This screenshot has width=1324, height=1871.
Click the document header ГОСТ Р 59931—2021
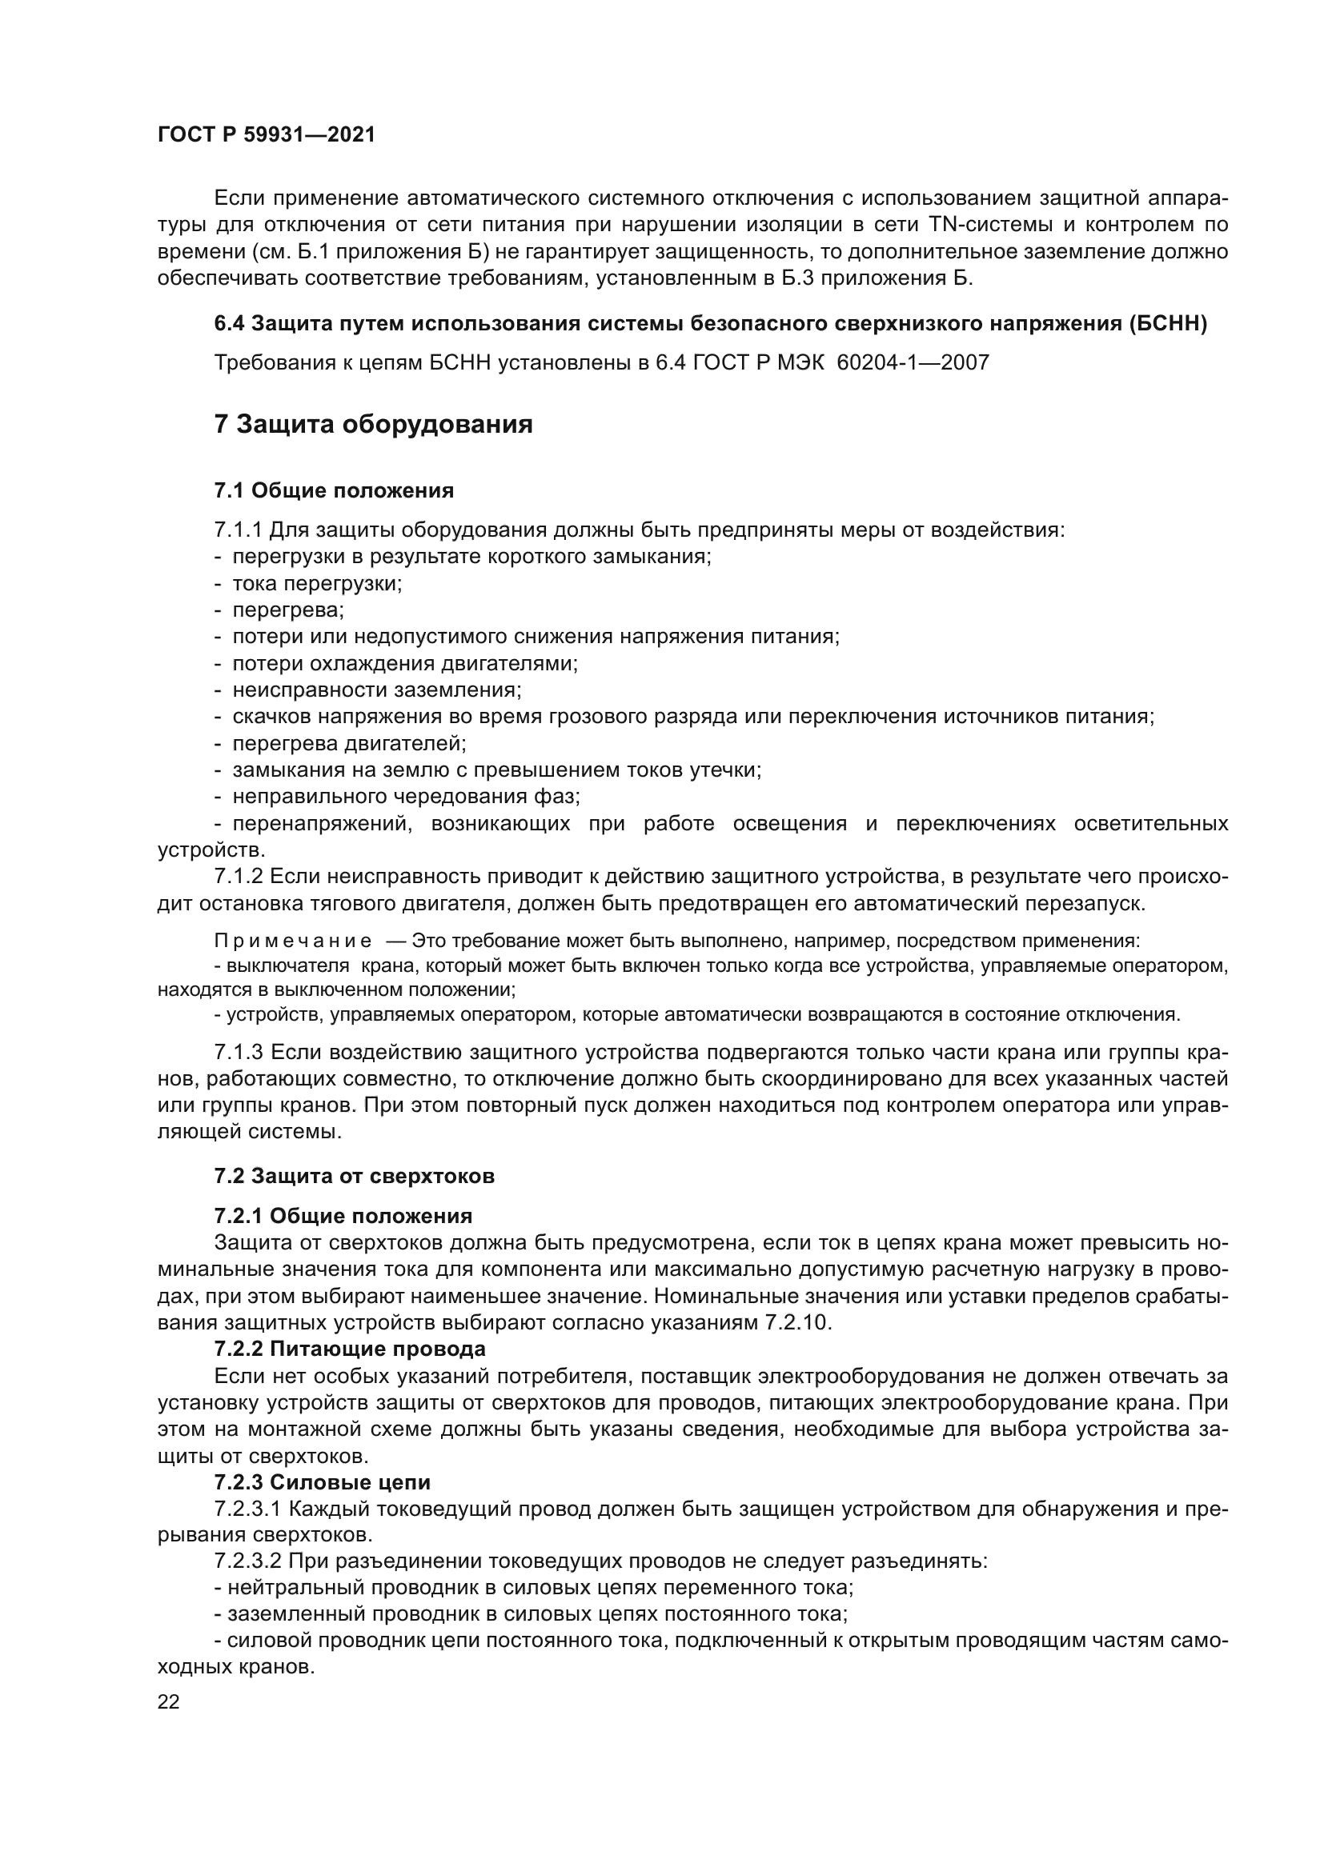tap(267, 135)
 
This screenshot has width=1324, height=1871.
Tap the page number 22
tap(169, 1701)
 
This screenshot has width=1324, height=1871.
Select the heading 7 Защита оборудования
tap(373, 425)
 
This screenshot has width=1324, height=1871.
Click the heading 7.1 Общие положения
tap(335, 490)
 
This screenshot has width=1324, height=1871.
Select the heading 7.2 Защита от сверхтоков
tap(355, 1176)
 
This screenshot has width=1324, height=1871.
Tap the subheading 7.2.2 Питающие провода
tap(350, 1349)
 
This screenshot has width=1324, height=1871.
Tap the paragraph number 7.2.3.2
tap(248, 1561)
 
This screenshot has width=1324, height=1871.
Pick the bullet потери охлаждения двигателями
tap(404, 663)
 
